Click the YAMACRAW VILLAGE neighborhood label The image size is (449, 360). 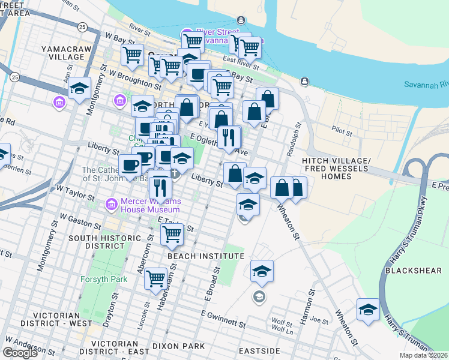[62, 52]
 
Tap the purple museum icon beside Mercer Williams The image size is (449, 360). [111, 205]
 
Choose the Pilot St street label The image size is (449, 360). [342, 128]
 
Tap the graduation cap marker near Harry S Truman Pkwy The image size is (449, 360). [368, 310]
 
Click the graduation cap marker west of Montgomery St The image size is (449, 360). [79, 89]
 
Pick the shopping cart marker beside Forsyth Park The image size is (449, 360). [156, 278]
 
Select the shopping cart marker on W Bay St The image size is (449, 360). [132, 56]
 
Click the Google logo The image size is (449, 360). [20, 353]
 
